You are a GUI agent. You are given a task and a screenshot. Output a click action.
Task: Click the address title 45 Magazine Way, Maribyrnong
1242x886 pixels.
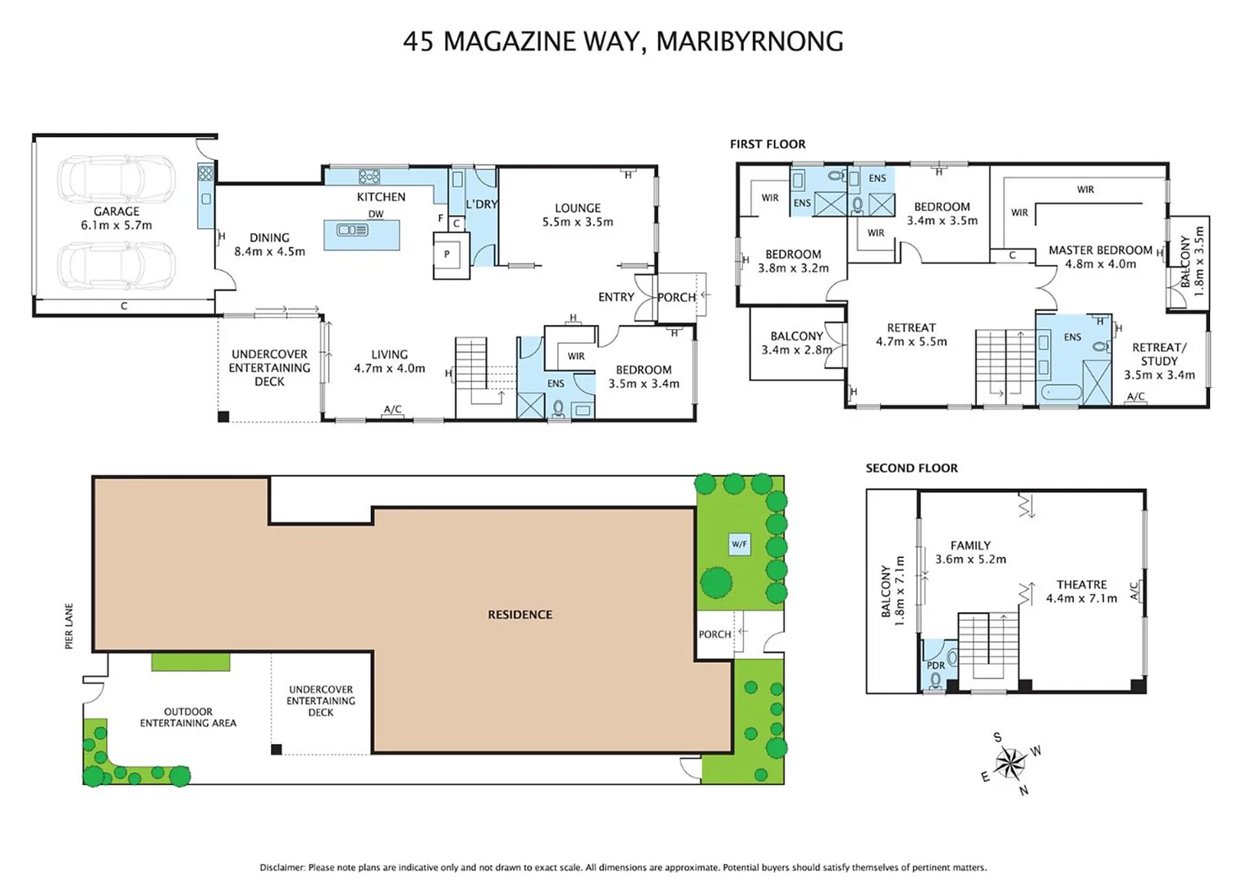click(x=622, y=41)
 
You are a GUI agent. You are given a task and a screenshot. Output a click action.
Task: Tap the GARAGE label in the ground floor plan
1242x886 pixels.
click(x=116, y=212)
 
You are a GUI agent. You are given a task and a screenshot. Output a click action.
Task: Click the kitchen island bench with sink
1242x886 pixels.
click(x=361, y=234)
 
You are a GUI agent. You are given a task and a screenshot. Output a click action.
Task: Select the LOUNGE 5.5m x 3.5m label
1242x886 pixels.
click(x=577, y=215)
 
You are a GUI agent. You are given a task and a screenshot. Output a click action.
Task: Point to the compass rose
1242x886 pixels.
click(x=1011, y=764)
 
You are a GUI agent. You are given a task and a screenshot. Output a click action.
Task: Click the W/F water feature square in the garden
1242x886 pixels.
click(x=739, y=544)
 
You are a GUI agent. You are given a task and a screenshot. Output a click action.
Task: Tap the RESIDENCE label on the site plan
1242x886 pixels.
click(x=520, y=614)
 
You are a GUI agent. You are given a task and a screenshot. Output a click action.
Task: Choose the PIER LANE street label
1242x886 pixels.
click(x=69, y=627)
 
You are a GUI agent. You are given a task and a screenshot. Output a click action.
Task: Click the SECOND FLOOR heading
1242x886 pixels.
click(x=911, y=468)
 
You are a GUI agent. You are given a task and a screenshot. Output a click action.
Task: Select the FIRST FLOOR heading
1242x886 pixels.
click(x=768, y=144)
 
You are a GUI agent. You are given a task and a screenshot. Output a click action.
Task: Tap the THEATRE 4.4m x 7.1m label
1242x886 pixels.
click(x=1081, y=591)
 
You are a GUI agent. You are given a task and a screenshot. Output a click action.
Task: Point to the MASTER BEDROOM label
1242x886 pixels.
click(x=1100, y=250)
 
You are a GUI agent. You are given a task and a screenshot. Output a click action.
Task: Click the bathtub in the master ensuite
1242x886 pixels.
click(x=1061, y=392)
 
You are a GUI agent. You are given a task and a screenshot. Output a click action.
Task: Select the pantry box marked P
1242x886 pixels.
click(x=447, y=254)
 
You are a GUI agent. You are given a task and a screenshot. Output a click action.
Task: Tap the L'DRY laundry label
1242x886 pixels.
click(x=481, y=204)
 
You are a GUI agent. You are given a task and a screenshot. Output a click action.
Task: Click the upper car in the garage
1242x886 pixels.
click(x=117, y=178)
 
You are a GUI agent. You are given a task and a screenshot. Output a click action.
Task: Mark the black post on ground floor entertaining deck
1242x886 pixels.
click(x=223, y=417)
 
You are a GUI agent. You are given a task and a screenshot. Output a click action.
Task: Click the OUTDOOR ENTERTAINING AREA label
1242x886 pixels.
click(x=188, y=717)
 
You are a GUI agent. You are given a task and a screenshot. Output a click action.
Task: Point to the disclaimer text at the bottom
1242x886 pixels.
click(x=622, y=867)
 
